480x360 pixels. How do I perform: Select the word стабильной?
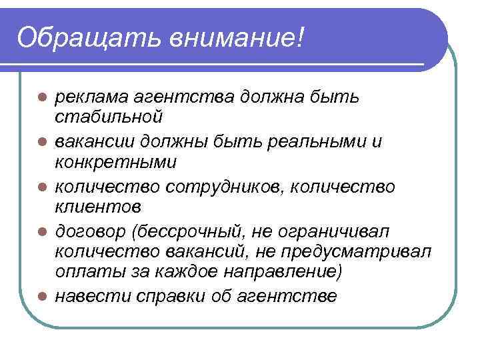(107, 117)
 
